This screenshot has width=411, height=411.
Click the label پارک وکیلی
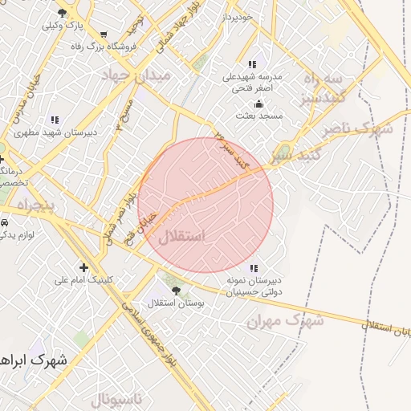tap(65, 25)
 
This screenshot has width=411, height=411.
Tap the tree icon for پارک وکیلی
tap(63, 13)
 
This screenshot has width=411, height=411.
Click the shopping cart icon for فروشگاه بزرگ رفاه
tap(103, 35)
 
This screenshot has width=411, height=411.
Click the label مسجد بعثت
tap(259, 116)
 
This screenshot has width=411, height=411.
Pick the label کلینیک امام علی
tap(83, 280)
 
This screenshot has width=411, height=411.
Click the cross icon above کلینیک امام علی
tap(83, 267)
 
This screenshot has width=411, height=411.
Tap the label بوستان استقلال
tap(177, 303)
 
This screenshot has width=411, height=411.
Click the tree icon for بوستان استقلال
tap(176, 291)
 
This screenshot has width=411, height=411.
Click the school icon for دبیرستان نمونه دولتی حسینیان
tap(254, 268)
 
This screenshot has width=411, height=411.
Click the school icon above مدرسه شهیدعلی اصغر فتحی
tap(253, 64)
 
